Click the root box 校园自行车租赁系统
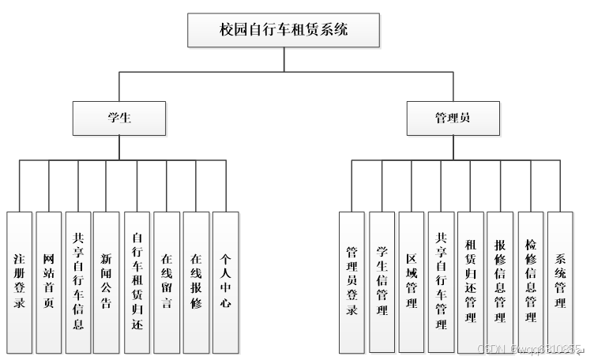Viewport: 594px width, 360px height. tap(284, 31)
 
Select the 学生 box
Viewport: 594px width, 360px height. tap(119, 118)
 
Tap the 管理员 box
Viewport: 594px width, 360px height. tap(453, 118)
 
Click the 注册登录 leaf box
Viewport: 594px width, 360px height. tap(20, 281)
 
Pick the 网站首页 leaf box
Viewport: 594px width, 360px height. tap(49, 281)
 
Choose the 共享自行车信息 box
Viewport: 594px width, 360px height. tap(78, 281)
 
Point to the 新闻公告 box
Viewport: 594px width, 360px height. tap(107, 281)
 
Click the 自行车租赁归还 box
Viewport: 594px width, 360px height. tap(137, 281)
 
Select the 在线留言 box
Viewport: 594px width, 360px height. tap(167, 281)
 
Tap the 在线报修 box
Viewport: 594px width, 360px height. tap(196, 281)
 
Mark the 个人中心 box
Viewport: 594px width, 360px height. tap(225, 281)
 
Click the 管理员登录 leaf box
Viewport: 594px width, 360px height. tap(352, 282)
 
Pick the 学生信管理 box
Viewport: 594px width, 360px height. tap(382, 282)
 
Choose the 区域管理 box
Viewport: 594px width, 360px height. tap(412, 282)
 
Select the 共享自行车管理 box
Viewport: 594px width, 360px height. tap(441, 282)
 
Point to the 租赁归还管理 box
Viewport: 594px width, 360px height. tap(471, 282)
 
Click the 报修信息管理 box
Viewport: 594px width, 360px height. tap(500, 282)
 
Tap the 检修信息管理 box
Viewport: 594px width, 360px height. tap(531, 282)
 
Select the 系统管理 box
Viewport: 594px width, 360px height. tap(560, 282)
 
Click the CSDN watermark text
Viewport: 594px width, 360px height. tap(529, 347)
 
